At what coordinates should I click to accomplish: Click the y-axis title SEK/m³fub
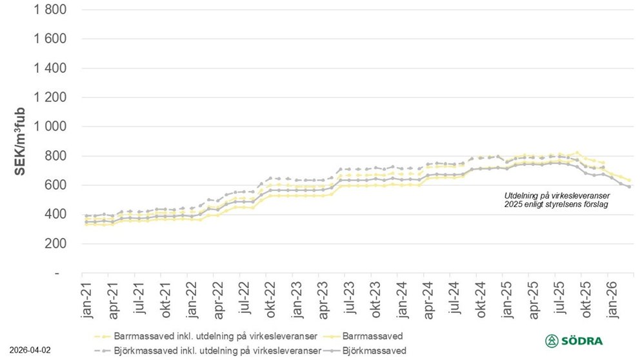click(20, 141)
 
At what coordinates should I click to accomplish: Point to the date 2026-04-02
click(25, 351)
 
